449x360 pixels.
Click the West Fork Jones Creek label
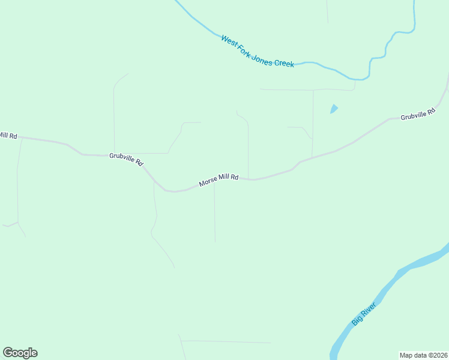pyautogui.click(x=257, y=51)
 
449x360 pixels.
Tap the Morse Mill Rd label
pyautogui.click(x=219, y=181)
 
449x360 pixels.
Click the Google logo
pyautogui.click(x=20, y=353)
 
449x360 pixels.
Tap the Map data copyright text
pyautogui.click(x=423, y=355)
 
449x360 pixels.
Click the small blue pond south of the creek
pyautogui.click(x=334, y=109)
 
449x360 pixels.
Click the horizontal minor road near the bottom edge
pyautogui.click(x=228, y=342)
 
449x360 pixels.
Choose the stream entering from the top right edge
pyautogui.click(x=414, y=15)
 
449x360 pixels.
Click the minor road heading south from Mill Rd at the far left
pyautogui.click(x=17, y=180)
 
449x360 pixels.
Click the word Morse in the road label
pyautogui.click(x=208, y=183)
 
